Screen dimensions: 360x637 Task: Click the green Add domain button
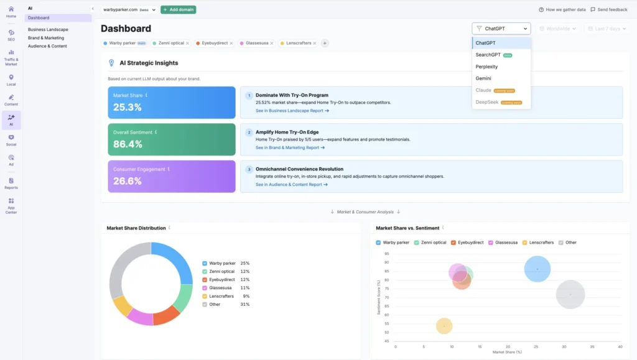click(x=179, y=10)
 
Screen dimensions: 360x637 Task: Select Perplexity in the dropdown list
click(x=486, y=67)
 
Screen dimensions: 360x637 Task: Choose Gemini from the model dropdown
click(x=483, y=78)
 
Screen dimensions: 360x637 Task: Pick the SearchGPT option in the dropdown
click(x=488, y=55)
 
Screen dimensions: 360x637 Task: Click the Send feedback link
click(x=608, y=10)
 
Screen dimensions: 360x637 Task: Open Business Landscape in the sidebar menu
click(x=48, y=29)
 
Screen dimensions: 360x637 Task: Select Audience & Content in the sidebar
click(x=47, y=46)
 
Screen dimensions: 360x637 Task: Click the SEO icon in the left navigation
click(x=11, y=35)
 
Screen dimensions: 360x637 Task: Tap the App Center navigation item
click(x=11, y=205)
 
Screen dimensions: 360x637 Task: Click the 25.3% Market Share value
click(x=128, y=107)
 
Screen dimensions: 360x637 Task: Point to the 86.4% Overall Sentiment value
click(x=128, y=144)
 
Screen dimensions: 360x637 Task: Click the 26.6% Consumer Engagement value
click(x=128, y=181)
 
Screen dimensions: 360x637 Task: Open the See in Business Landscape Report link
click(x=292, y=111)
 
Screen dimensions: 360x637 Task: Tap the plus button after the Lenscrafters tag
click(x=325, y=44)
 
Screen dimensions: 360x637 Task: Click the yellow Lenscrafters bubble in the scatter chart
click(x=444, y=326)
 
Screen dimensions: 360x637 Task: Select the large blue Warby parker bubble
click(x=537, y=269)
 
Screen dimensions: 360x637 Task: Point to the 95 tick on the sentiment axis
click(x=386, y=254)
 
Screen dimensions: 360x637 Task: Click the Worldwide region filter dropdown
click(x=557, y=29)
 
